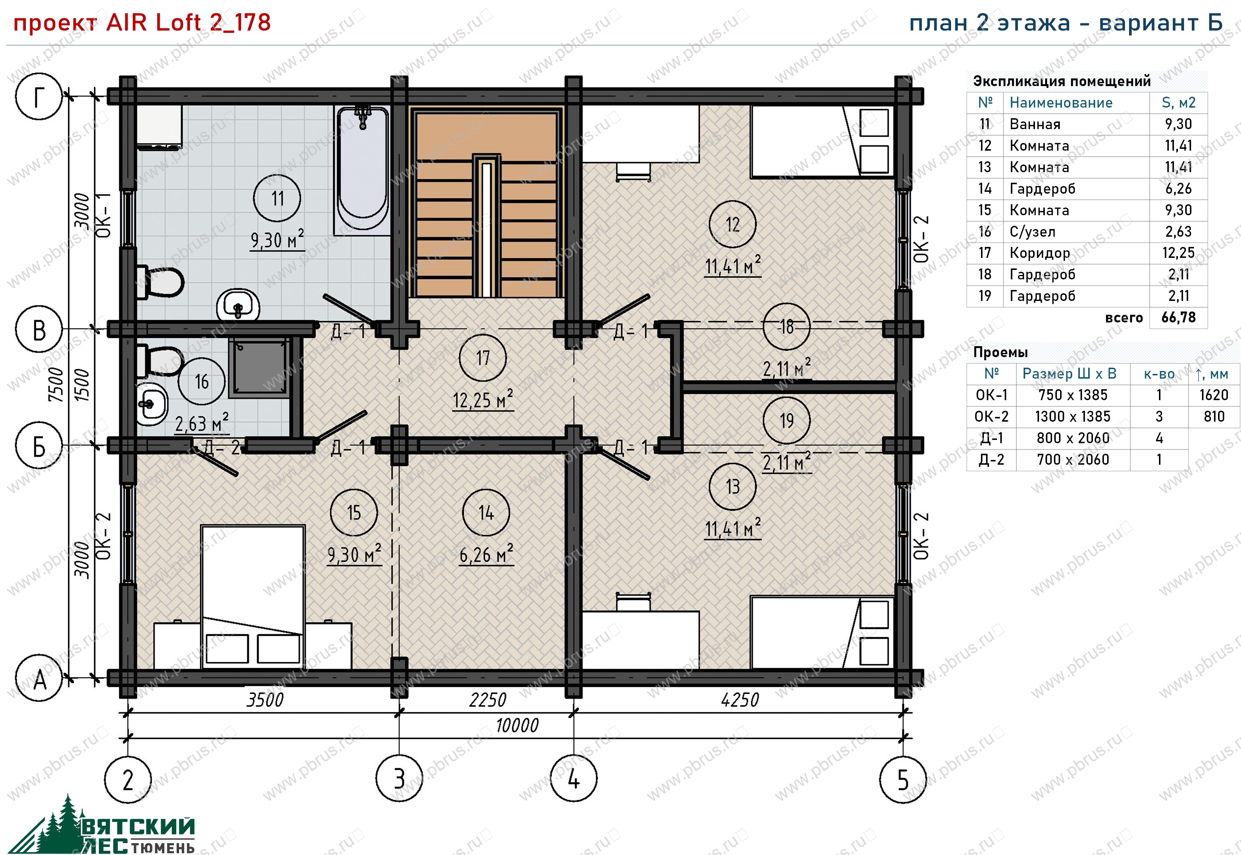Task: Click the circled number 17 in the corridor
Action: [482, 358]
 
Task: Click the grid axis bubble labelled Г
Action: [39, 96]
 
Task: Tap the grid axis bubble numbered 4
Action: [574, 778]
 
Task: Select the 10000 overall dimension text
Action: [517, 726]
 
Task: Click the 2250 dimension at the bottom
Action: [488, 700]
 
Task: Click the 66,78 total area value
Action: [1178, 318]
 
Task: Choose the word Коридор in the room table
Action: [1040, 253]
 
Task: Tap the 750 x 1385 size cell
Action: [1073, 395]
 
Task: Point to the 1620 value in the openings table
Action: [1214, 395]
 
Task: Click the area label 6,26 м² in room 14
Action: [486, 554]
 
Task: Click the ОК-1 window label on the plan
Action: [103, 215]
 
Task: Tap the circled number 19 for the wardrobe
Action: [786, 421]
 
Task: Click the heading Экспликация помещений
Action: [1062, 81]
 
